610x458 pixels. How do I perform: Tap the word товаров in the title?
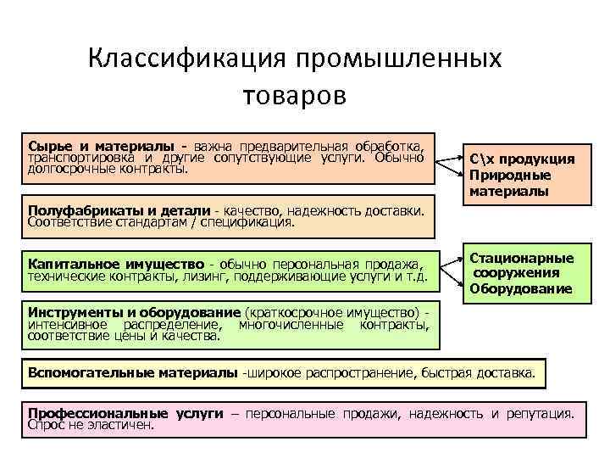pyautogui.click(x=294, y=94)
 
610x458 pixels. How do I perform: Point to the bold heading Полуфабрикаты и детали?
pyautogui.click(x=119, y=210)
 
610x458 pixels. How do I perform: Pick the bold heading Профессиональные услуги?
pyautogui.click(x=125, y=413)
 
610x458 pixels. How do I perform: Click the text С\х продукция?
pyautogui.click(x=521, y=159)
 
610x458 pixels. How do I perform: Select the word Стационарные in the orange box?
pyautogui.click(x=521, y=258)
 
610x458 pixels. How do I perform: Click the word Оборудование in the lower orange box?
pyautogui.click(x=519, y=289)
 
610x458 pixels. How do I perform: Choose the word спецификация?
pyautogui.click(x=247, y=223)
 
